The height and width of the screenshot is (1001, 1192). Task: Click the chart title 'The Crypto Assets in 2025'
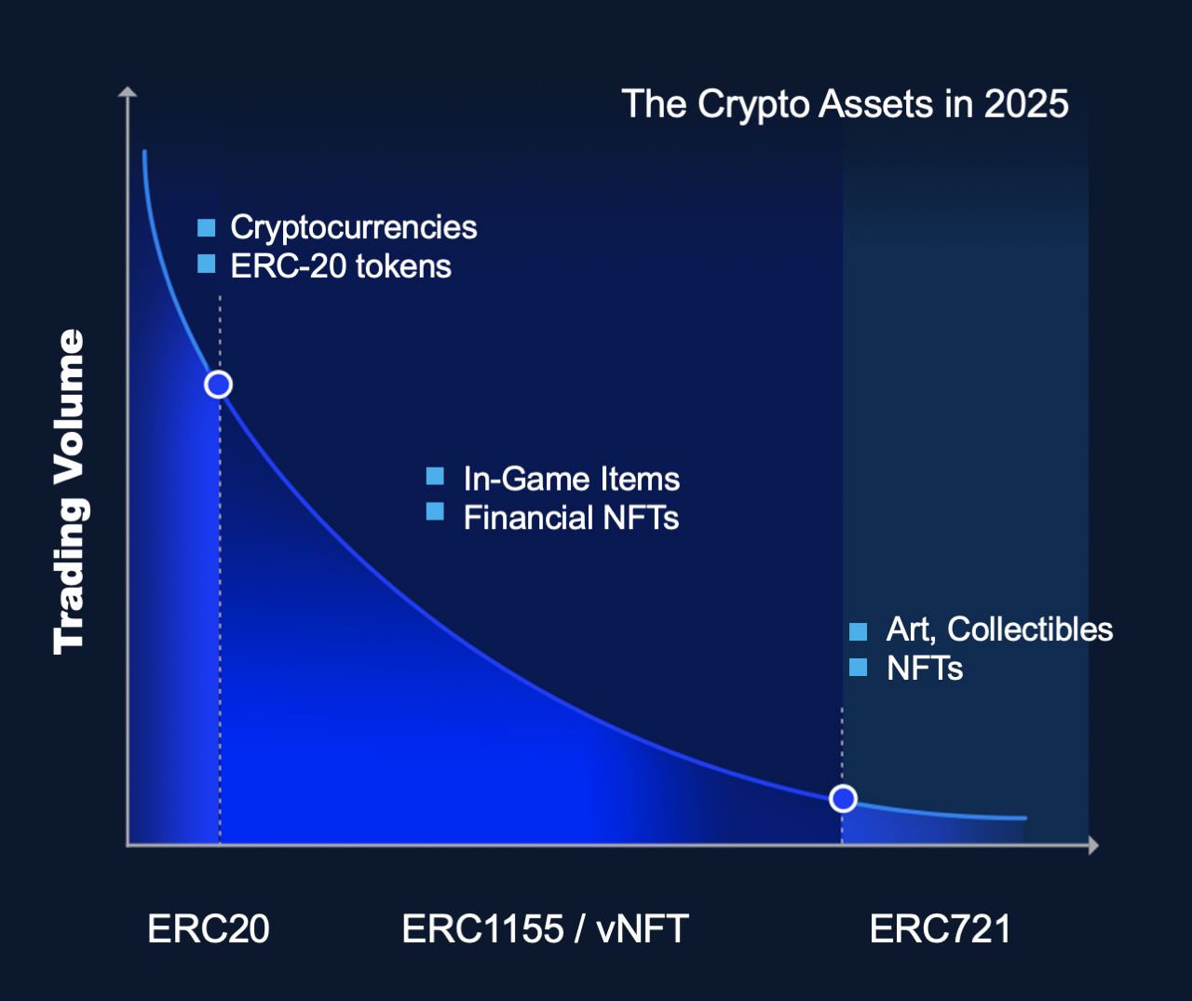pos(845,104)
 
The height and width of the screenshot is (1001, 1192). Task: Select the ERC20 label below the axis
pos(209,928)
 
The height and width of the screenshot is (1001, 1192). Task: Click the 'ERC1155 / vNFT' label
pos(545,928)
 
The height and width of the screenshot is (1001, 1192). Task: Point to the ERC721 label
pos(941,928)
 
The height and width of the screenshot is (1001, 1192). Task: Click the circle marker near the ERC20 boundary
pos(218,385)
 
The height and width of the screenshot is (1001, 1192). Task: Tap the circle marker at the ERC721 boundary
pos(843,798)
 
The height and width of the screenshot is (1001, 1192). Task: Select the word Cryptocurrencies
pos(353,228)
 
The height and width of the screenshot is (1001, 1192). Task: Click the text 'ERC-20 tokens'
pos(341,266)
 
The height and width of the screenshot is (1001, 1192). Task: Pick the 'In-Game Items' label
pos(572,479)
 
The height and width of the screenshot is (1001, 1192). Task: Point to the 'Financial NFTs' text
pos(571,518)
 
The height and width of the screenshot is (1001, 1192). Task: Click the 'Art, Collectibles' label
pos(999,629)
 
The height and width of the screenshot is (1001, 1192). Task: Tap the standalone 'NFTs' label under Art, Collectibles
pos(925,668)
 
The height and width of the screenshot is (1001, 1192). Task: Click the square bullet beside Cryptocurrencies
pos(206,228)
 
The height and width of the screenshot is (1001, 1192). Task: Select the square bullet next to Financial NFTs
pos(435,511)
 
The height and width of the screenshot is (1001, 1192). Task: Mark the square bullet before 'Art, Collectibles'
pos(858,631)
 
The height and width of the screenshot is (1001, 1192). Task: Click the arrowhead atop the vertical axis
pos(128,92)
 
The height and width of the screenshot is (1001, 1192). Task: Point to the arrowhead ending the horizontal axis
pos(1093,845)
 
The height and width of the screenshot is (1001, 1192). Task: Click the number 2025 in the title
pos(1026,104)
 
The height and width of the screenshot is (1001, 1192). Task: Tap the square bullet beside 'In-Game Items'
pos(435,476)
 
